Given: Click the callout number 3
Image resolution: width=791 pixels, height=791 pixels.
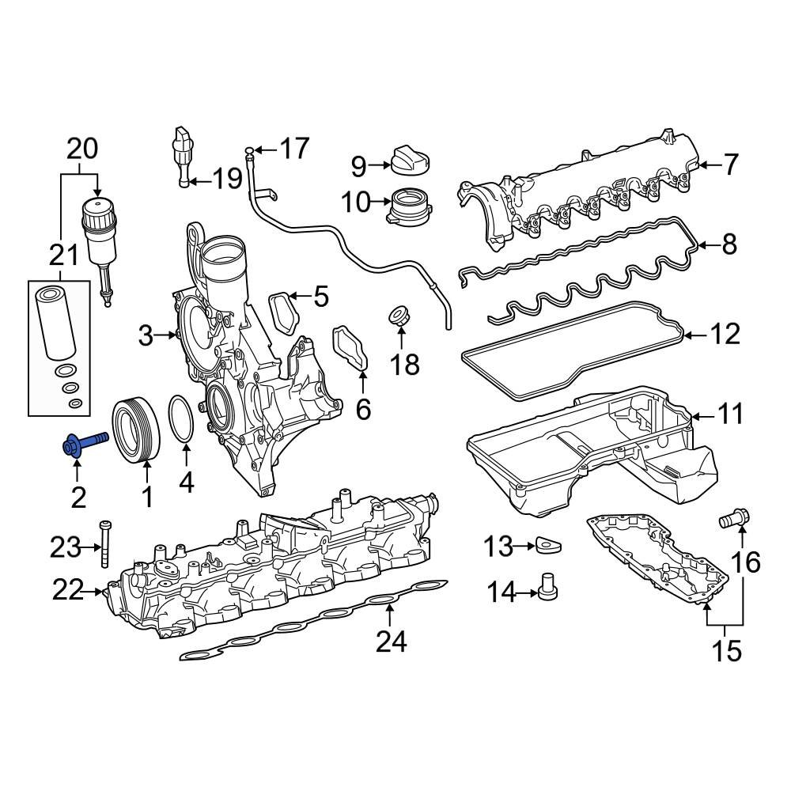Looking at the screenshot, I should click(145, 336).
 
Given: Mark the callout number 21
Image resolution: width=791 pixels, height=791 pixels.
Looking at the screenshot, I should click(64, 255).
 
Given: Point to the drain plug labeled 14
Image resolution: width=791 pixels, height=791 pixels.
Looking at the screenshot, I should click(547, 589).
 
